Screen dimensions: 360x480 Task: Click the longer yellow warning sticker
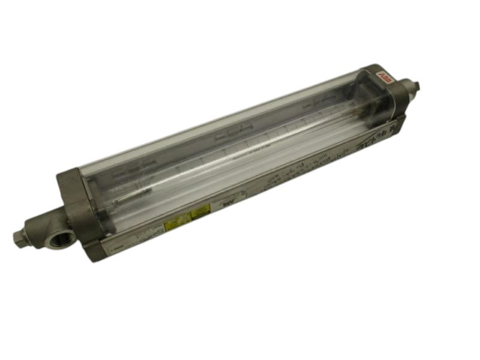[179, 221]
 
